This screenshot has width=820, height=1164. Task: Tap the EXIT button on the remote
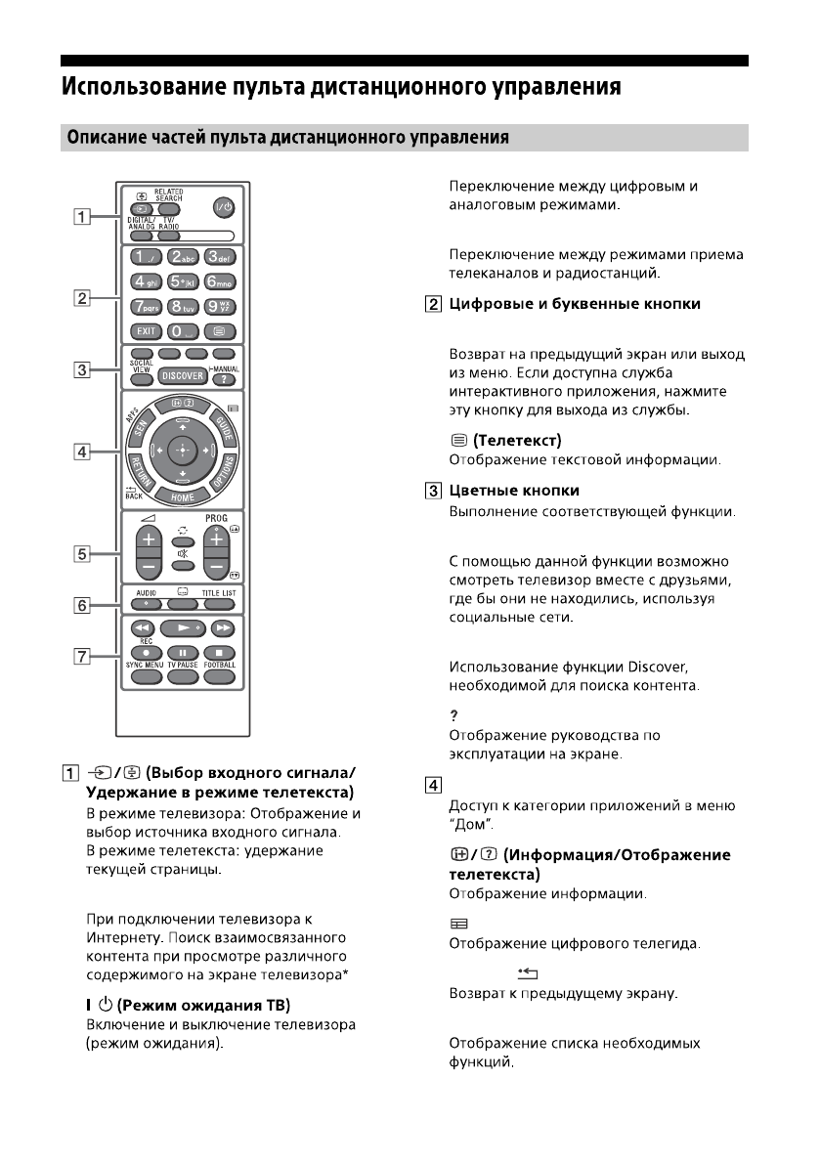click(x=144, y=330)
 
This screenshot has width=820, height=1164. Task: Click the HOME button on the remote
click(x=181, y=496)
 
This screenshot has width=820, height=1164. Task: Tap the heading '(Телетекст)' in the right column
click(x=523, y=441)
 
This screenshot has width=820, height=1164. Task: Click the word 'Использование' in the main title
click(x=127, y=87)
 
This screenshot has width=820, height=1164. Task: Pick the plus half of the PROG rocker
click(x=216, y=539)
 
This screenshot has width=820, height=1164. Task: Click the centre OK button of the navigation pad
click(x=181, y=450)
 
